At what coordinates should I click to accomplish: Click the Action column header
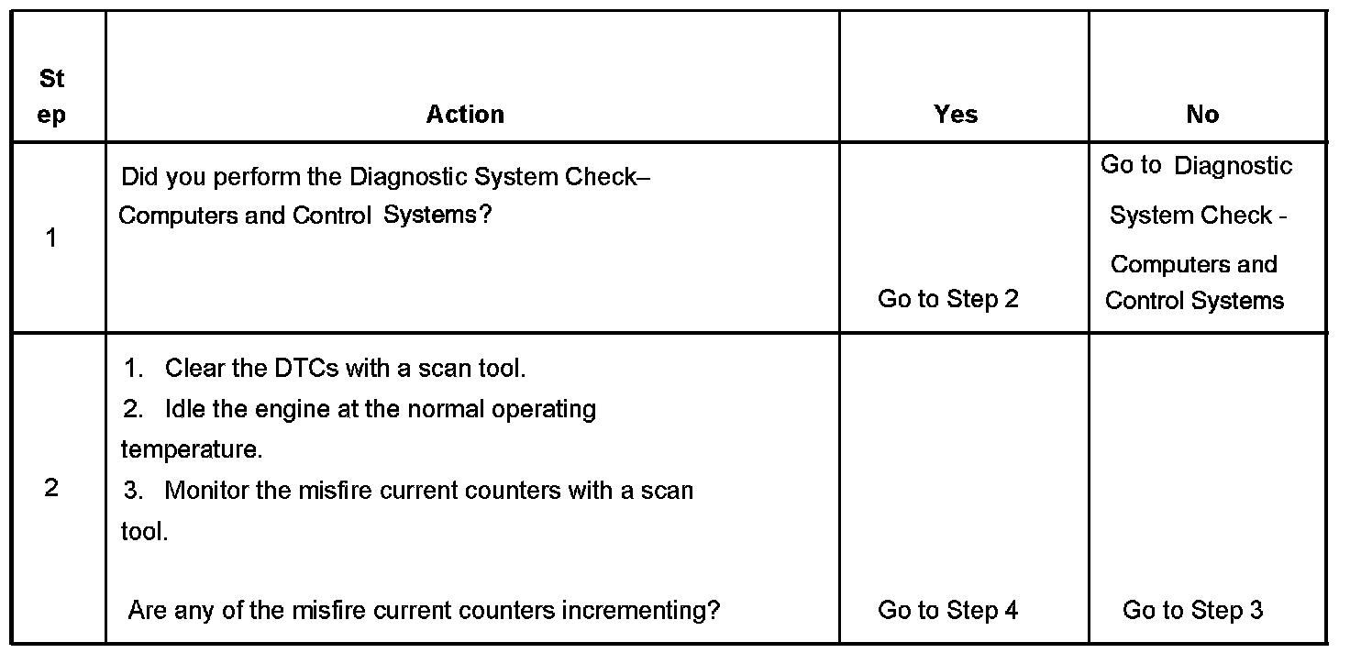(x=465, y=115)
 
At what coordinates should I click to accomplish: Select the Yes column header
(x=956, y=115)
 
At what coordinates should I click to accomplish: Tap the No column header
(x=1202, y=115)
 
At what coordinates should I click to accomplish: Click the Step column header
(x=52, y=97)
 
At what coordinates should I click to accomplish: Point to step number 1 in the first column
(x=51, y=238)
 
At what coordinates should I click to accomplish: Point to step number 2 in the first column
(x=51, y=489)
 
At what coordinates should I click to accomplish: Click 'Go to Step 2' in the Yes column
(x=948, y=299)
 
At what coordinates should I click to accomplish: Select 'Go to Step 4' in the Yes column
(x=948, y=610)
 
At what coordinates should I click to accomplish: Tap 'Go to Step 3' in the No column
(x=1192, y=610)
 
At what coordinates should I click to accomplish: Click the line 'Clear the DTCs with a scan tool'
(x=345, y=369)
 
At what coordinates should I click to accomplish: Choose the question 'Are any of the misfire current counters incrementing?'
(x=424, y=610)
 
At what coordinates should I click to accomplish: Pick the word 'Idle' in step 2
(x=185, y=409)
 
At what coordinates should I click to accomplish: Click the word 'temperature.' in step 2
(x=191, y=449)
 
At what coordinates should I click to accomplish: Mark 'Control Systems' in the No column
(x=1194, y=301)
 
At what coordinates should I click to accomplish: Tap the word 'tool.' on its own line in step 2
(x=144, y=532)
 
